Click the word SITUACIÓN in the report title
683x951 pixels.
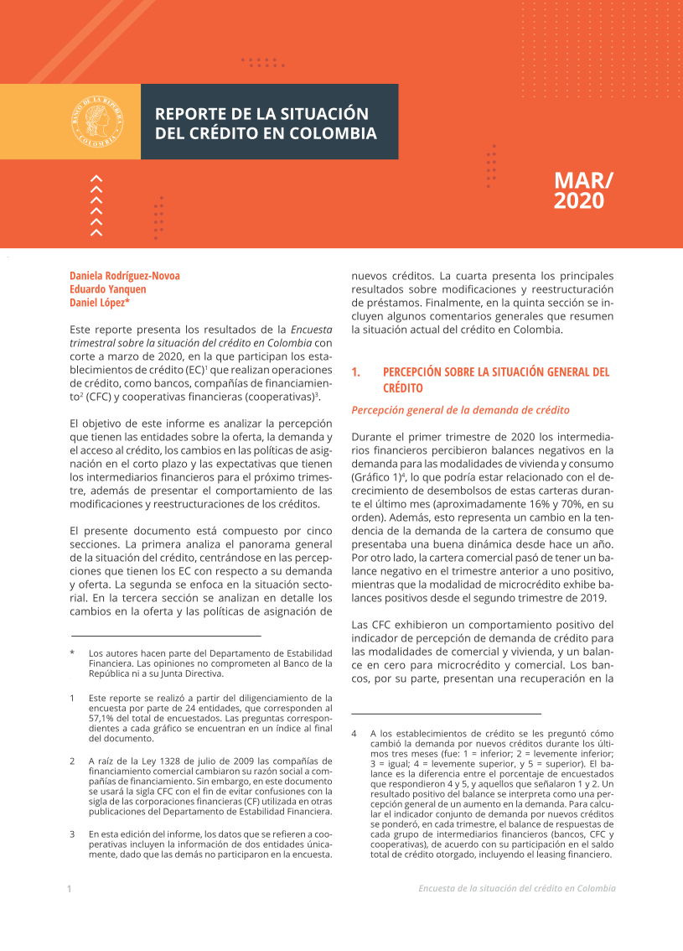pyautogui.click(x=322, y=113)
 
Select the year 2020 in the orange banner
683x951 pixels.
pyautogui.click(x=578, y=201)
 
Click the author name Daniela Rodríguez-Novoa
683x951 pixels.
pyautogui.click(x=125, y=275)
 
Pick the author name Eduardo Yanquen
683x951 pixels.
pyautogui.click(x=109, y=288)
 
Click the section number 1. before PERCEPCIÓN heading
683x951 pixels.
pyautogui.click(x=356, y=372)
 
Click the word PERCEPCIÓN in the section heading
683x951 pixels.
pyautogui.click(x=420, y=372)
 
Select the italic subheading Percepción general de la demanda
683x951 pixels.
pyautogui.click(x=460, y=410)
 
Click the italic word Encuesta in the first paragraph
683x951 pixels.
pyautogui.click(x=312, y=329)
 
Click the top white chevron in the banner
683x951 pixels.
pyautogui.click(x=96, y=178)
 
